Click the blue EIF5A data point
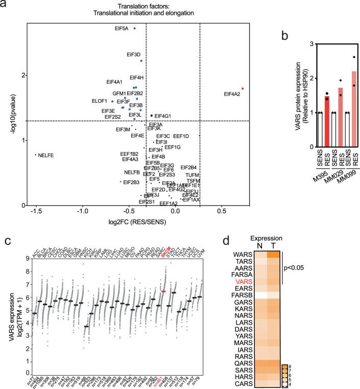tap(134, 29)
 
